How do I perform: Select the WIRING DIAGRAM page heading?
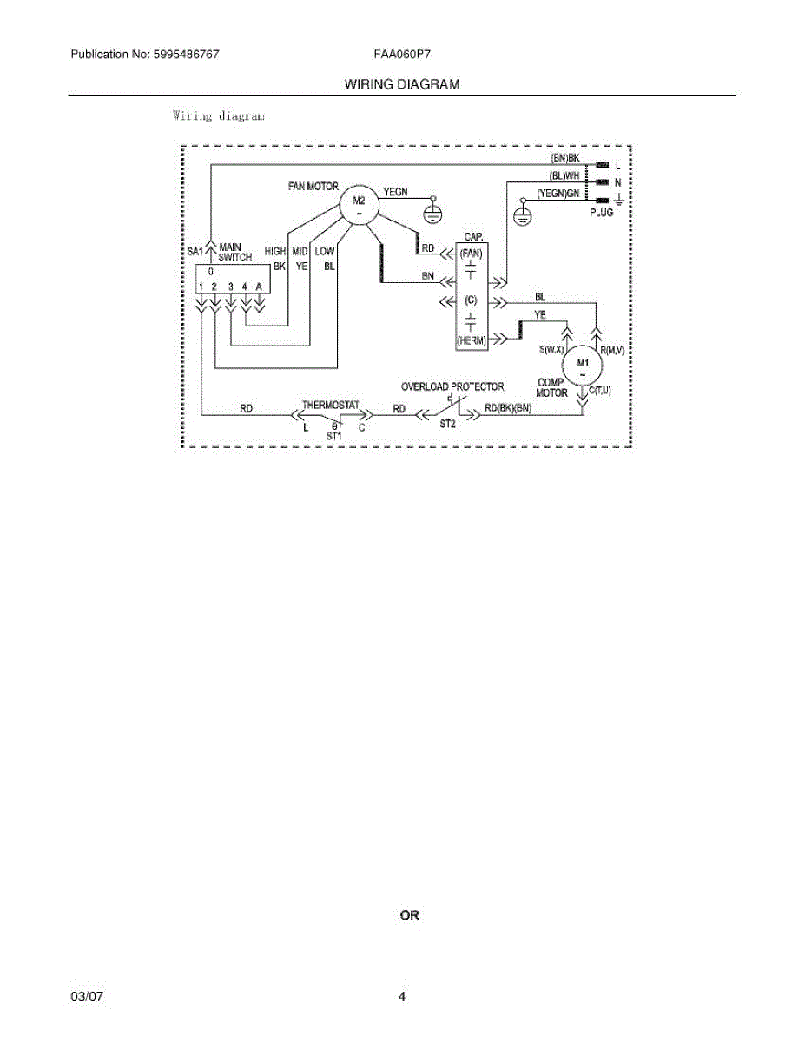click(x=402, y=84)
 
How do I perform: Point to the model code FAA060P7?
click(x=403, y=54)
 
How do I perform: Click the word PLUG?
click(x=601, y=213)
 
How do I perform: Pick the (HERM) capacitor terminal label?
click(x=471, y=341)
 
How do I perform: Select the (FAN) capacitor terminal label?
click(x=471, y=253)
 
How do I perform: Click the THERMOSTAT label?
click(x=330, y=405)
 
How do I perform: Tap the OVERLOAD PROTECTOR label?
click(x=452, y=386)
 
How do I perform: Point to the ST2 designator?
click(x=447, y=425)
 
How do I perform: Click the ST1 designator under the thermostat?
click(x=334, y=434)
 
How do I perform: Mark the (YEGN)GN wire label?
click(x=558, y=194)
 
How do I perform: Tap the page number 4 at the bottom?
click(x=402, y=997)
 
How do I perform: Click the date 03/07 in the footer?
click(x=87, y=997)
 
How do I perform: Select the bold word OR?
click(x=409, y=915)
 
